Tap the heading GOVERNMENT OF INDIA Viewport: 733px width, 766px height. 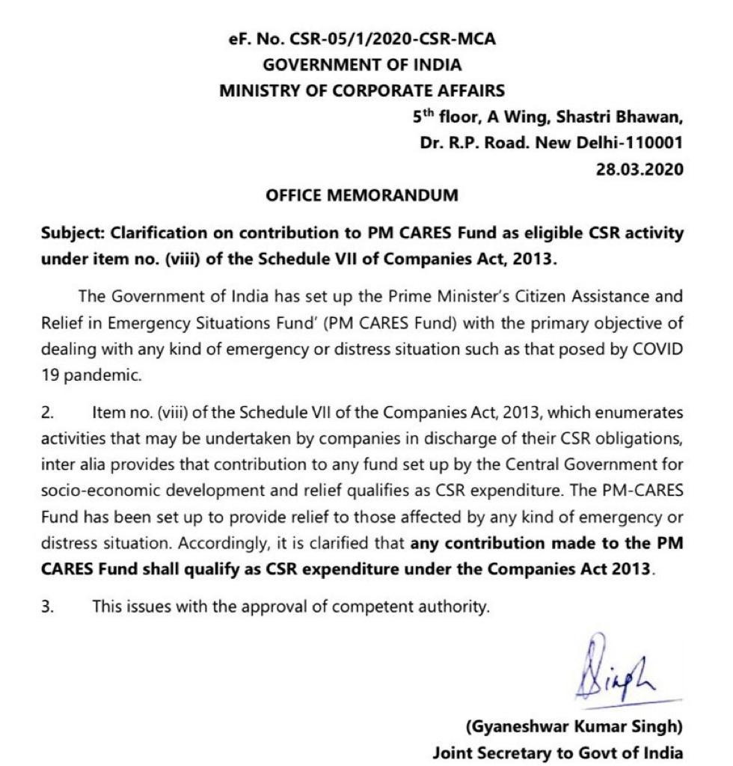[x=362, y=65]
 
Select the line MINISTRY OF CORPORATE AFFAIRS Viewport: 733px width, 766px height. [x=362, y=91]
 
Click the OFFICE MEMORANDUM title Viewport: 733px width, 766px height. [x=362, y=195]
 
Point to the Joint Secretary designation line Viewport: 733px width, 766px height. [x=557, y=752]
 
